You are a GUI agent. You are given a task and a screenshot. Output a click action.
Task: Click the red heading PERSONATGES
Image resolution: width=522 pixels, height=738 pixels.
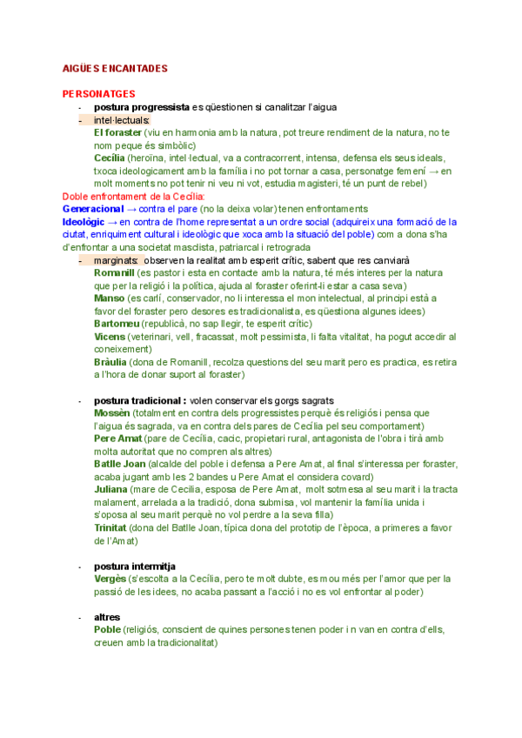tap(98, 93)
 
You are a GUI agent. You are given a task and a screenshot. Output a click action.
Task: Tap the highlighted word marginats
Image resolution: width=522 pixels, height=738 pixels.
tap(117, 260)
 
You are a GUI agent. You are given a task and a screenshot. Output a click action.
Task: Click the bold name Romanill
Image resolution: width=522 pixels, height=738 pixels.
tap(115, 272)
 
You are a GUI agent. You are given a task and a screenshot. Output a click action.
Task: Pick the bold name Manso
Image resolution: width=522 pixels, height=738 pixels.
tap(109, 298)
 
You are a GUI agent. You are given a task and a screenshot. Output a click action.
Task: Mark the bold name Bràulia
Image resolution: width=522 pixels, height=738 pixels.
tap(110, 361)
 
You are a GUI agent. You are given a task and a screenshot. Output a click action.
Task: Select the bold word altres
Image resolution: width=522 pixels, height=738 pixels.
tap(107, 617)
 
